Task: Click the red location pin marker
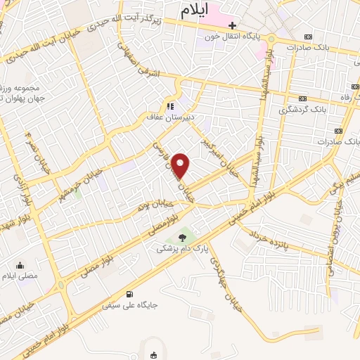(181, 166)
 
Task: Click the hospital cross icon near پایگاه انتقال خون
(233, 25)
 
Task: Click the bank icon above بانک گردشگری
(303, 98)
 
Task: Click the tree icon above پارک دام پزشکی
(183, 238)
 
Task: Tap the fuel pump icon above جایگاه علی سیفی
(128, 295)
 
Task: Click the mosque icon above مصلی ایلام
(19, 265)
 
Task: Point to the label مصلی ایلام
(20, 276)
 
